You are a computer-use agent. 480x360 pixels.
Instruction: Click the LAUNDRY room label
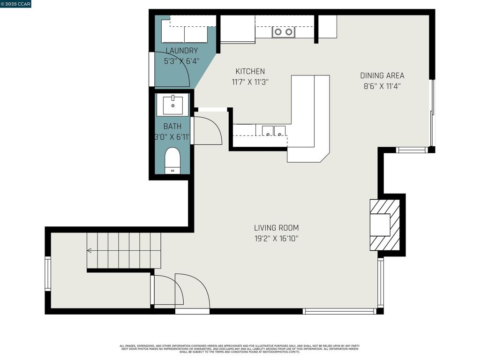[182, 51]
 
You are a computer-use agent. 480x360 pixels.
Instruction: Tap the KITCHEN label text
[250, 72]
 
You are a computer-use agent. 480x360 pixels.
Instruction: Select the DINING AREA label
[382, 75]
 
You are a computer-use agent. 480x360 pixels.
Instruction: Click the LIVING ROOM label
[276, 228]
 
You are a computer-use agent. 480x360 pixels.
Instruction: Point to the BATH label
[172, 127]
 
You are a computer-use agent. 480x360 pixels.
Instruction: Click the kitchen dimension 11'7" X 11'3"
[250, 82]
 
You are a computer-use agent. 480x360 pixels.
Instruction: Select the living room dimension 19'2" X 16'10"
[276, 239]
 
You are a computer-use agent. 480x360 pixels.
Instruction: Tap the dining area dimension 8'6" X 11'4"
[382, 86]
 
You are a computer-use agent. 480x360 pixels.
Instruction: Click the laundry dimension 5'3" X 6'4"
[182, 61]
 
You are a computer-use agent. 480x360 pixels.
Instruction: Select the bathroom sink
[172, 105]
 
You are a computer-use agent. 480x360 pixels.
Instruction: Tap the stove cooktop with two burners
[284, 32]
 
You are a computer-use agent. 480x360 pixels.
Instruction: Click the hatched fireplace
[385, 225]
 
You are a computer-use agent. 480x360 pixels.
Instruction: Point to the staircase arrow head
[89, 251]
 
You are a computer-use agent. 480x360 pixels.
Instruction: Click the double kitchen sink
[274, 131]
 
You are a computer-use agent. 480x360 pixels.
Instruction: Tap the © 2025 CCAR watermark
[15, 4]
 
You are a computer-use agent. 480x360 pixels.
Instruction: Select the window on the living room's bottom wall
[339, 311]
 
